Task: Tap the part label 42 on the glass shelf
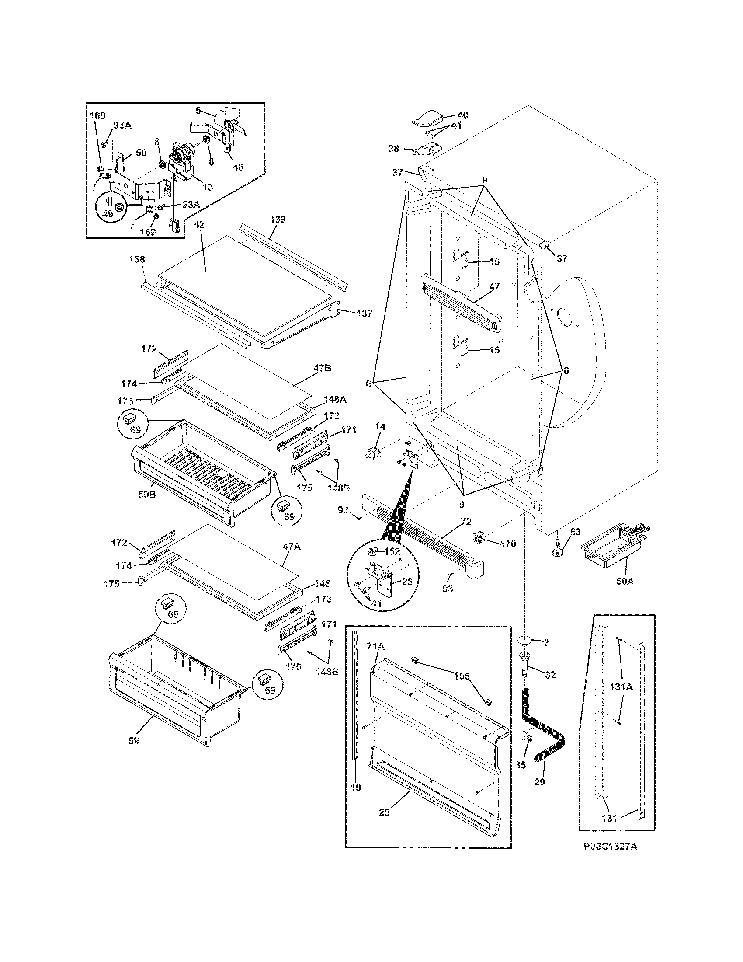[199, 225]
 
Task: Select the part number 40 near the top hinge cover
[462, 115]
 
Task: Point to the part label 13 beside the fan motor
[207, 187]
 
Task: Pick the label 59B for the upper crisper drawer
[147, 494]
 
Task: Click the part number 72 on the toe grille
[465, 523]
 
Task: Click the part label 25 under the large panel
[384, 812]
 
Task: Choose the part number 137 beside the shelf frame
[364, 314]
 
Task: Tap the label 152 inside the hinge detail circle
[392, 551]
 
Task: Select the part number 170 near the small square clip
[508, 544]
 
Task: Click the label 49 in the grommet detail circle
[108, 214]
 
